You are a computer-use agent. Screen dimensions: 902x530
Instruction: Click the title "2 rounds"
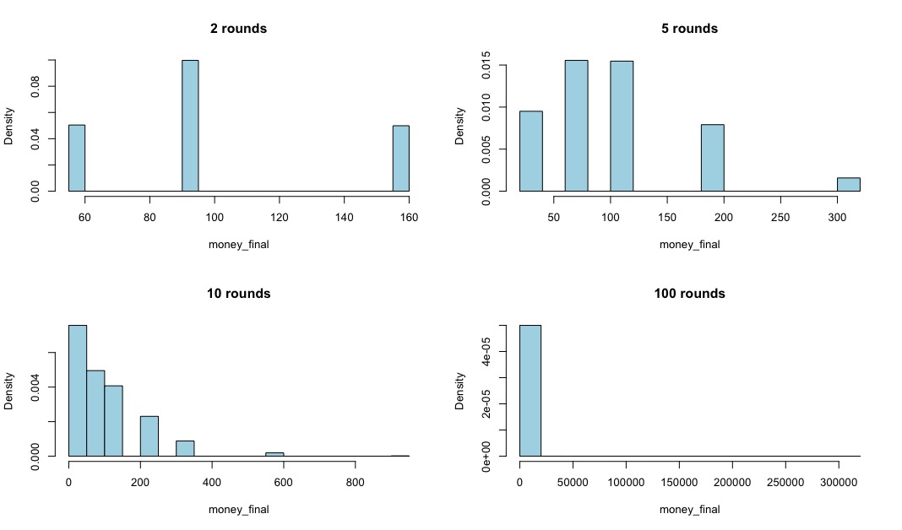[x=238, y=29]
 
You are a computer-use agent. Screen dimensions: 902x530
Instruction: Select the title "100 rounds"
[x=689, y=294]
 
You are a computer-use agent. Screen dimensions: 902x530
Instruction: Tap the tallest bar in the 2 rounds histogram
[x=190, y=125]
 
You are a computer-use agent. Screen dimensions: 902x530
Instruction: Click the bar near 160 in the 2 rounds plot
[x=401, y=158]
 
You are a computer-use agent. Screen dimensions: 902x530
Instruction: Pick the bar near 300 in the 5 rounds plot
[x=849, y=185]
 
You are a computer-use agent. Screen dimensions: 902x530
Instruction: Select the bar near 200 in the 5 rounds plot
[x=712, y=158]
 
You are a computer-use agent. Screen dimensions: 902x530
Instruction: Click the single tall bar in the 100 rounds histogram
[x=530, y=391]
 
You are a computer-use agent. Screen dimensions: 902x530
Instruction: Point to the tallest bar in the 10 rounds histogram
[x=78, y=391]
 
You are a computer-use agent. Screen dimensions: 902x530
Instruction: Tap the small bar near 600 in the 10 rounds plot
[x=274, y=454]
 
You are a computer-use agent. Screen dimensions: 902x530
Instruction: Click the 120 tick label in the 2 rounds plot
[x=280, y=217]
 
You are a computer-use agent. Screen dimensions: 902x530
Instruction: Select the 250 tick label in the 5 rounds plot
[x=780, y=217]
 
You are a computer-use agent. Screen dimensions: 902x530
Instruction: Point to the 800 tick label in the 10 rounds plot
[x=355, y=482]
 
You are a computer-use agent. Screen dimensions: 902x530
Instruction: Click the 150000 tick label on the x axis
[x=679, y=482]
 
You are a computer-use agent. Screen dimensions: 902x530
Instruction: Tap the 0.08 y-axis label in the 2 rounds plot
[x=35, y=86]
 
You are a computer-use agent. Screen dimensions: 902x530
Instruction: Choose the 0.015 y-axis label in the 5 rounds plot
[x=486, y=66]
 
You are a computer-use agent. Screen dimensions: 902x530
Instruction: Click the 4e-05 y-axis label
[x=486, y=352]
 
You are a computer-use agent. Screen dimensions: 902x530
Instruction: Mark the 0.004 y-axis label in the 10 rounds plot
[x=35, y=387]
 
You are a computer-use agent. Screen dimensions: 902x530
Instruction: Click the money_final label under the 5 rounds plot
[x=689, y=244]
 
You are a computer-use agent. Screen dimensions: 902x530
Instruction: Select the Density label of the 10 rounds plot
[x=8, y=391]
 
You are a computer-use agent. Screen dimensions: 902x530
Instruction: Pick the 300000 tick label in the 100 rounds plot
[x=839, y=482]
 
